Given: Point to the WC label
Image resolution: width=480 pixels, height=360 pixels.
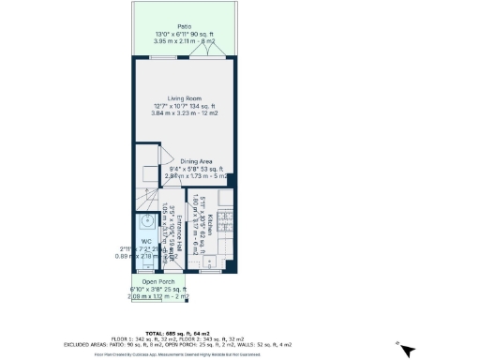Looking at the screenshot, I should pyautogui.click(x=146, y=241).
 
